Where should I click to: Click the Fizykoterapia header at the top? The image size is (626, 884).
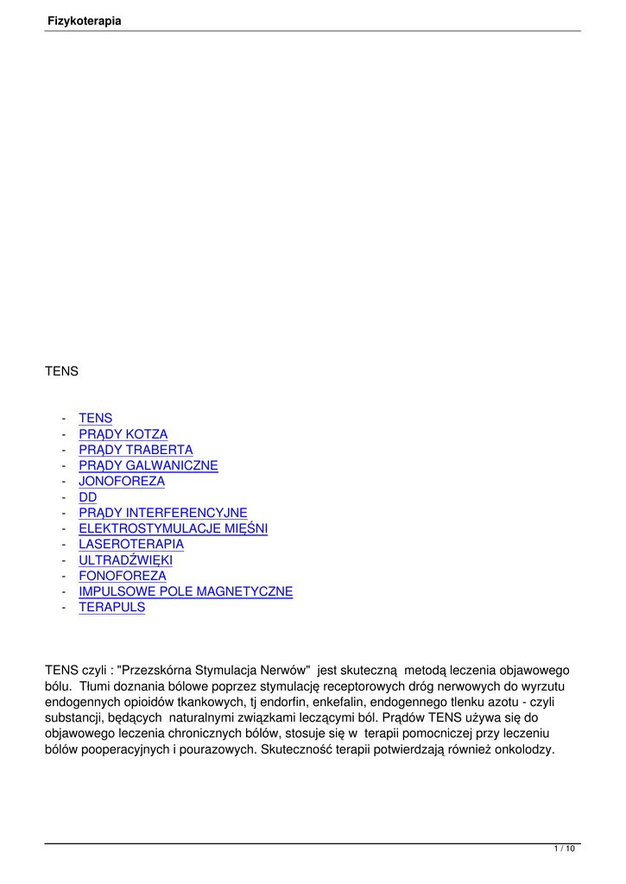(84, 21)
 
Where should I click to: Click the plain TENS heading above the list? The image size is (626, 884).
(61, 371)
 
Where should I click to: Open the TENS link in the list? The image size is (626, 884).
(95, 419)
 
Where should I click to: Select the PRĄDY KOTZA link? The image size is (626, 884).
(123, 434)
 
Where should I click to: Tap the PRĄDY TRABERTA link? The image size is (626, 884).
(136, 450)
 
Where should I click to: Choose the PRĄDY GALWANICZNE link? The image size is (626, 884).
(148, 465)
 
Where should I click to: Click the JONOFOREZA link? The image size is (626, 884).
(121, 481)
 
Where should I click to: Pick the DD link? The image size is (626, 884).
(87, 497)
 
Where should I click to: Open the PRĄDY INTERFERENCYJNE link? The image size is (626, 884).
(162, 513)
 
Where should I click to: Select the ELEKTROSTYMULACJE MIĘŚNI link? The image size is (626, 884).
(173, 528)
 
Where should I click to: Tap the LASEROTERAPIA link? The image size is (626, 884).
(130, 544)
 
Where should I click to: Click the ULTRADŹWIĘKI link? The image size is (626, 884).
(125, 560)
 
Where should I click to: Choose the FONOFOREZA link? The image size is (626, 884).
(122, 576)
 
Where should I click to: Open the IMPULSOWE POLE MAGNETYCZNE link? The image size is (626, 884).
(186, 591)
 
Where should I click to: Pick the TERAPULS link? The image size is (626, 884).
(111, 607)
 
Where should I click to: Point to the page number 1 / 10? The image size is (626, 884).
(564, 849)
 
